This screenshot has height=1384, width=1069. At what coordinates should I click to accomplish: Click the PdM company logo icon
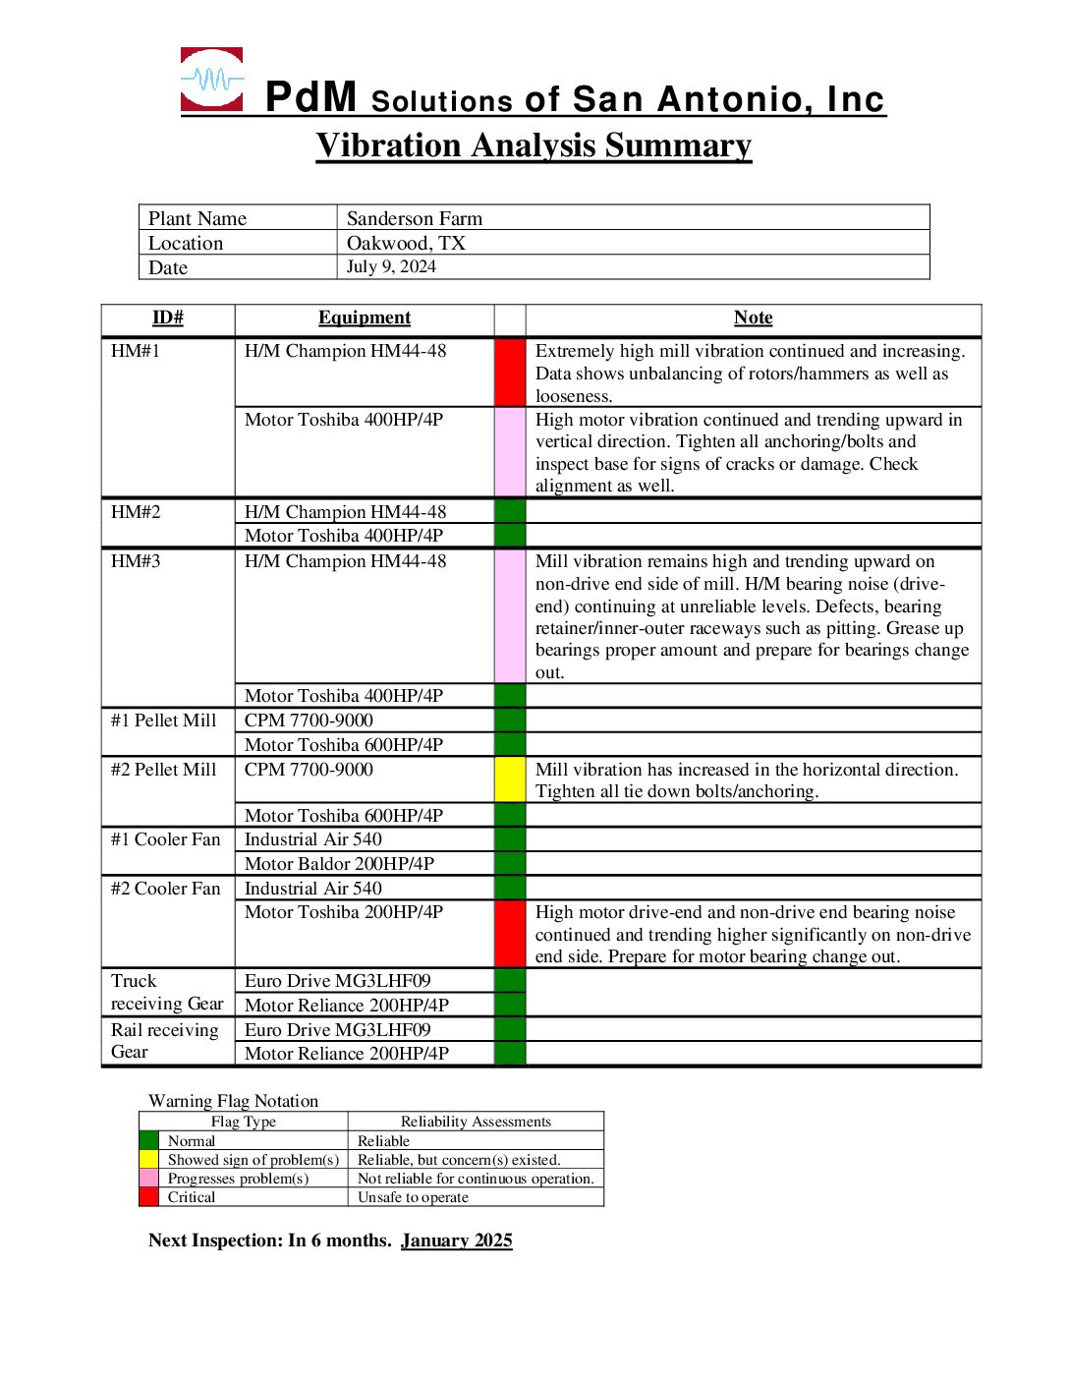coord(211,79)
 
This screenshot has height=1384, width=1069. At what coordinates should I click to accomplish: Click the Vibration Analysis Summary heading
coord(534,145)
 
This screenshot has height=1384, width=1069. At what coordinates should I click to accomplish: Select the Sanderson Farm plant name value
coord(415,218)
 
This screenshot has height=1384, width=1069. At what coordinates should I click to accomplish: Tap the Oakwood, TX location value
coord(406,243)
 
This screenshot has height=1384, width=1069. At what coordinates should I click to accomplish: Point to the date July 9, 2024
coord(391,266)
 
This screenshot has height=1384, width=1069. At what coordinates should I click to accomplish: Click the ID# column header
coord(168,317)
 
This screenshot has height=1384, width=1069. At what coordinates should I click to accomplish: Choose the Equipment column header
coord(365,317)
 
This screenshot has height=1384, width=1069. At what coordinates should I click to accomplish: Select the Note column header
coord(753,317)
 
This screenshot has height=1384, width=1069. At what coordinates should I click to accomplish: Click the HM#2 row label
coord(136,512)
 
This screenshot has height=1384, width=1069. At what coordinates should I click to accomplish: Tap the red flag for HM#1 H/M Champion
coord(510,373)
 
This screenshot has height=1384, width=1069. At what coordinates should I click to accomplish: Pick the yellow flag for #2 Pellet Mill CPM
coord(510,779)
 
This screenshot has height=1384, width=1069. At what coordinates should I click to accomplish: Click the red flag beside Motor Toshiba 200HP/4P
coord(510,934)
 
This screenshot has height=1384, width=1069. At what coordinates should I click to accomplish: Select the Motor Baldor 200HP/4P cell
coord(339,863)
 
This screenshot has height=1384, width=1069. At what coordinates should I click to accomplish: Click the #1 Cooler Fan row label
coord(165,839)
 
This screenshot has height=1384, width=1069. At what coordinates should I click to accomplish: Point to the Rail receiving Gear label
coord(165,1041)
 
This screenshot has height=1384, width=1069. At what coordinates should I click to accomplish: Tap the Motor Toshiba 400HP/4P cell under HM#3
coord(344,696)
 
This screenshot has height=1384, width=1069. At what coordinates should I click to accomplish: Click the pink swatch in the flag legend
coord(148,1178)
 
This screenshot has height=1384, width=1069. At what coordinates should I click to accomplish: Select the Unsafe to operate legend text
coord(413,1197)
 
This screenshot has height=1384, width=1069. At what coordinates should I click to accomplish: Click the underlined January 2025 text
coord(456,1240)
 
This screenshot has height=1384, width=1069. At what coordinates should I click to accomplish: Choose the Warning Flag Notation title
coord(233,1101)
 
